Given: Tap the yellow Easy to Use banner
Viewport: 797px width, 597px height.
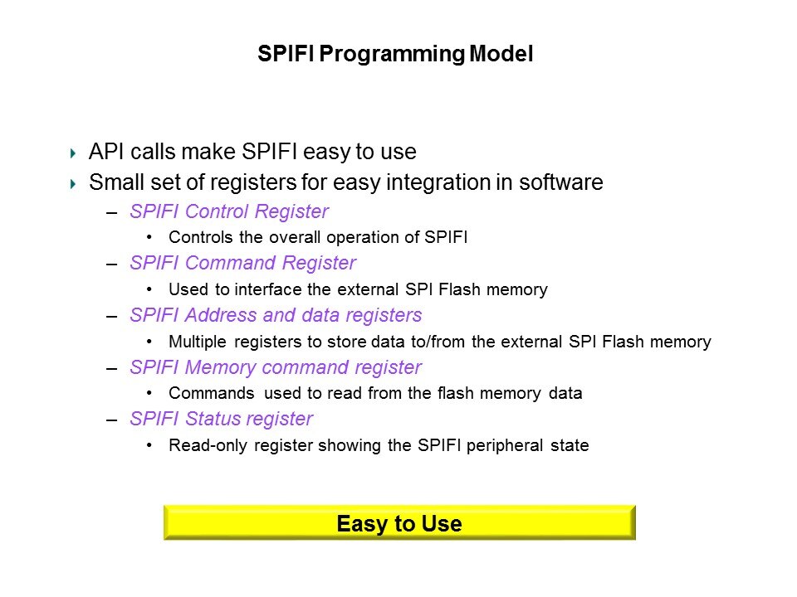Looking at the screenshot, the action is (399, 522).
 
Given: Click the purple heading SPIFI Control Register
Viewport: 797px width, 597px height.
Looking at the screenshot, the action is (229, 211).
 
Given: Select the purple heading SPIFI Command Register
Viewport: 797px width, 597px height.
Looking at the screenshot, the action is (243, 264).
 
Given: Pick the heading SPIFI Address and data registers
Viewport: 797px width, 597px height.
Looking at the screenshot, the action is (276, 315).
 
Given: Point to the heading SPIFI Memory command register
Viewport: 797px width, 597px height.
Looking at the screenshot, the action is (276, 367).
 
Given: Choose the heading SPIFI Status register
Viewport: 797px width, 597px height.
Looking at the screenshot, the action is (222, 420).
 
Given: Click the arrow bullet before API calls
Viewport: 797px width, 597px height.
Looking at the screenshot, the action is (73, 153).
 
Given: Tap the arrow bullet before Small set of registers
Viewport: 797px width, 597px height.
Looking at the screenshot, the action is (73, 184).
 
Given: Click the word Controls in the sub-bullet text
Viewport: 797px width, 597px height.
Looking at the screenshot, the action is (201, 237).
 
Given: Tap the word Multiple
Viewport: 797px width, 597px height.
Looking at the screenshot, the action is (198, 342).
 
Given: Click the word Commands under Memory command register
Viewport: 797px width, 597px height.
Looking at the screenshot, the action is (212, 393).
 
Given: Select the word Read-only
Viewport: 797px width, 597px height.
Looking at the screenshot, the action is (208, 446).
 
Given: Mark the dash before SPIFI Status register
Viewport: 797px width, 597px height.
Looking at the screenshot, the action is (112, 420).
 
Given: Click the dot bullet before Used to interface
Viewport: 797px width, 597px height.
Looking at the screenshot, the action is (149, 289).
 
